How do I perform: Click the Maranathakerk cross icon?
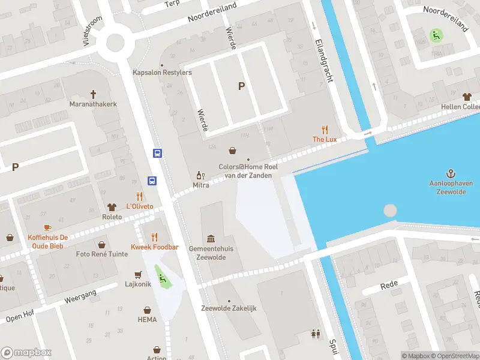click(x=93, y=94)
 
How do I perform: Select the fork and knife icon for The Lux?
click(x=325, y=129)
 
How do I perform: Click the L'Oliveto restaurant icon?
click(x=139, y=196)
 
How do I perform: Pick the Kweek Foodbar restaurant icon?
click(x=155, y=236)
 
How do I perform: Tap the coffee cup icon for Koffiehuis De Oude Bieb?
click(x=47, y=227)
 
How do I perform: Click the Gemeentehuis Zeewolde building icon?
click(x=211, y=238)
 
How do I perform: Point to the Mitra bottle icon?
click(x=200, y=176)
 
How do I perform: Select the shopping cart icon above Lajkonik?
click(x=139, y=274)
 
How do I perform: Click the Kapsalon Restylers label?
click(x=162, y=73)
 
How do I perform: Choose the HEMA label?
click(x=147, y=319)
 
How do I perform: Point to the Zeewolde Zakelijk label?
click(x=229, y=308)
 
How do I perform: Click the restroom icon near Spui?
click(x=316, y=334)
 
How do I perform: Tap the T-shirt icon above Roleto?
click(x=112, y=206)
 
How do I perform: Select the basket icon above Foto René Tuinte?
click(x=101, y=244)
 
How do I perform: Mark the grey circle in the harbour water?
click(x=390, y=211)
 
